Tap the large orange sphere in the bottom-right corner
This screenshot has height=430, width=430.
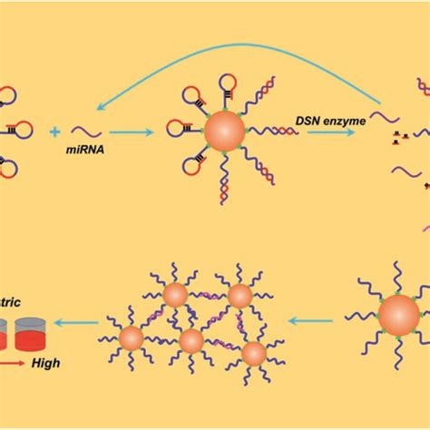[x=398, y=314]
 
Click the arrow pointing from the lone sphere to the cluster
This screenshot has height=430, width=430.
[x=318, y=319]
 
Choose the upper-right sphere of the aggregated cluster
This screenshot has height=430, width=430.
[x=239, y=296]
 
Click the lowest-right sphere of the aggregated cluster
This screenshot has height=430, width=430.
[x=254, y=352]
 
